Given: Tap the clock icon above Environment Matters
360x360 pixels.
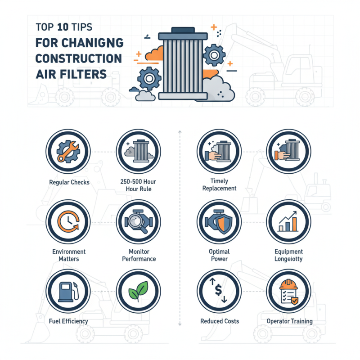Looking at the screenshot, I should (68, 222).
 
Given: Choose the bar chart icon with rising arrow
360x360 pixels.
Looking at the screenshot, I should (288, 222).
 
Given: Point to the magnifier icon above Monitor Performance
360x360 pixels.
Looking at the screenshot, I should (138, 222).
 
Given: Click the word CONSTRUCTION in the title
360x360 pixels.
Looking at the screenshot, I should (78, 59).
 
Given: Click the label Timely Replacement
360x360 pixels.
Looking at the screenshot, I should (219, 184).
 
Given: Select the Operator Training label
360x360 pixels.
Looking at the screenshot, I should (289, 321).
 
